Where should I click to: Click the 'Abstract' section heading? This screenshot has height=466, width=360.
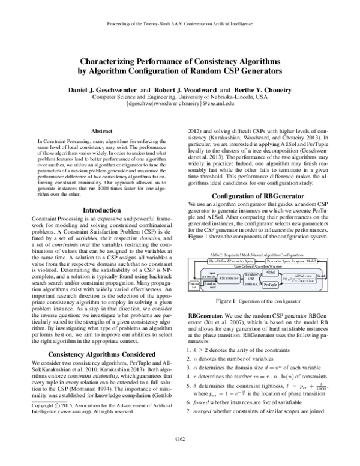point(98,130)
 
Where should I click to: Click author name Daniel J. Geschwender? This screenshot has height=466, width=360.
point(99,89)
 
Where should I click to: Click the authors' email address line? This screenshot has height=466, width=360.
point(180,104)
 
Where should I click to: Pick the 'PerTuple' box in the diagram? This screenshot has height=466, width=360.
point(271,283)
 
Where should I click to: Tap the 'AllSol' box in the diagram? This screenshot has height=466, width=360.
point(271,272)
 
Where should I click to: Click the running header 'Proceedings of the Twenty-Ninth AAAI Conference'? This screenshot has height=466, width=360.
point(180,25)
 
